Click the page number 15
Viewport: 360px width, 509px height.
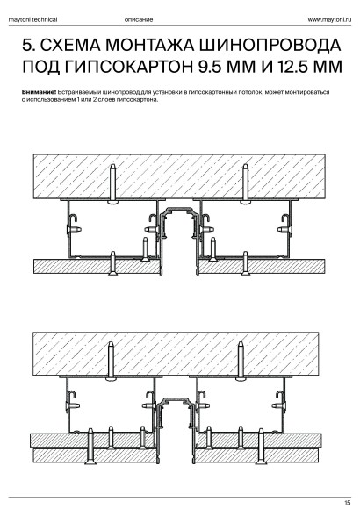tap(348, 503)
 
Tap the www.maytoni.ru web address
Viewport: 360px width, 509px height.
tap(329, 19)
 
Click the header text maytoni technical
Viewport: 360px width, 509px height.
tap(32, 19)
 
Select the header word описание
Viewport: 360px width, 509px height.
tap(139, 19)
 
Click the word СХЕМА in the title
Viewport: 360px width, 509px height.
tap(69, 45)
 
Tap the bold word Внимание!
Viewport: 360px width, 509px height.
tap(39, 92)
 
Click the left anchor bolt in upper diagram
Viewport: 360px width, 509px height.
tap(112, 183)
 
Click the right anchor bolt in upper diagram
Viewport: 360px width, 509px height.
tap(246, 183)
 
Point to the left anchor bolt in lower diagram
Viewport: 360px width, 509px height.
tap(112, 361)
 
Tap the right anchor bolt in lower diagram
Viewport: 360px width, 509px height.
tap(241, 361)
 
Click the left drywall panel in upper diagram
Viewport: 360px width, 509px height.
tap(97, 267)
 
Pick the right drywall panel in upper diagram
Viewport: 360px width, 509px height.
tap(262, 267)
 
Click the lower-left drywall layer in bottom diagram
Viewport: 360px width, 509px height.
tap(94, 455)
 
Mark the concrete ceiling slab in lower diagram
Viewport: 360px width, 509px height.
tap(176, 354)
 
